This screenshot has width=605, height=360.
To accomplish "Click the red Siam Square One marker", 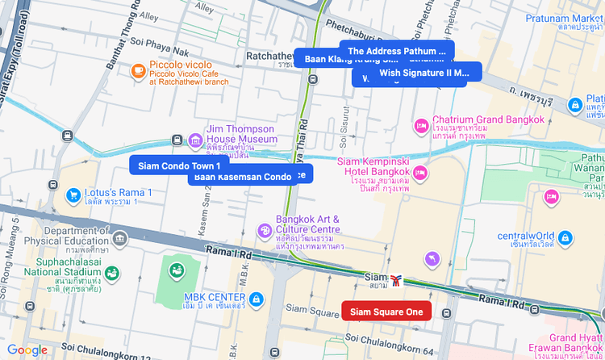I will click(386, 312).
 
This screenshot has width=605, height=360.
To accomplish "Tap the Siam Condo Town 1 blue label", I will click(179, 165).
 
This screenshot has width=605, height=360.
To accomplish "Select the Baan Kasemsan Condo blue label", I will click(242, 177).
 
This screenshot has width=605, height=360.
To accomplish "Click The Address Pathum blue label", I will click(396, 50).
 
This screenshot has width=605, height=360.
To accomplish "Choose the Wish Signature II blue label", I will click(423, 73).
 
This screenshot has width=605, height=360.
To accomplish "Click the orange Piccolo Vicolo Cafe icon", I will click(138, 71).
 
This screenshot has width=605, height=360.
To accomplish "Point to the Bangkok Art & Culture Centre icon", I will click(264, 232).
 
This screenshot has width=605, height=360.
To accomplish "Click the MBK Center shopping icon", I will click(257, 299).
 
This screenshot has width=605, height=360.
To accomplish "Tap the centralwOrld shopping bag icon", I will click(565, 238).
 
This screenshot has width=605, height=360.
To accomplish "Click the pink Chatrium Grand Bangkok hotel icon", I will click(420, 126).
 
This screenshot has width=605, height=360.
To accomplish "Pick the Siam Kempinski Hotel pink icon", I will click(420, 173).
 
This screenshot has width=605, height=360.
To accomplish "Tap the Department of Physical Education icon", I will click(120, 239).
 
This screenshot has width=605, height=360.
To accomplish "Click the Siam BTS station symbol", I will click(397, 280).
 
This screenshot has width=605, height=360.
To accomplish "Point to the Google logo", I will click(27, 350).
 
